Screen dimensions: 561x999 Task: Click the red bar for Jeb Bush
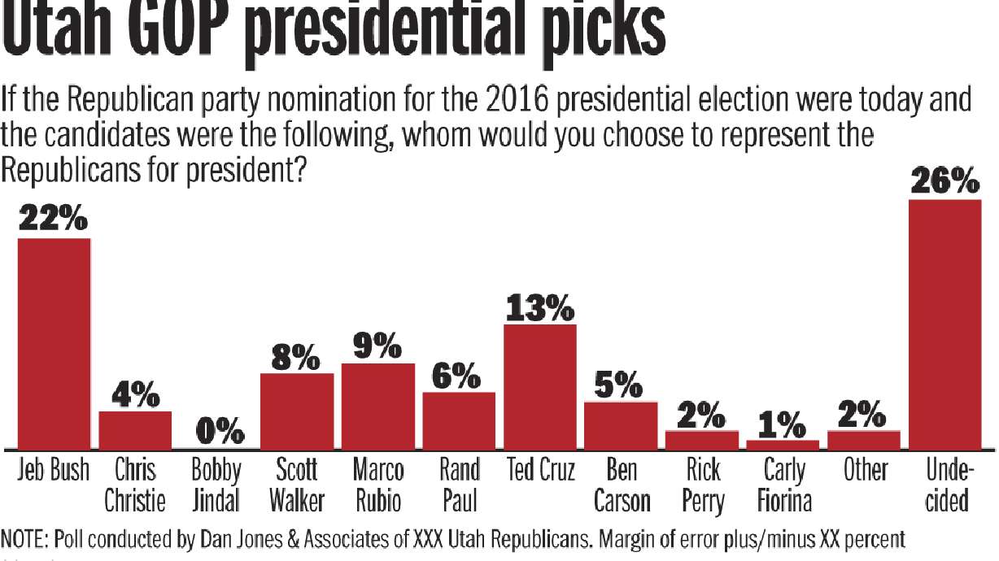54,343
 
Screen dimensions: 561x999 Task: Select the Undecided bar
944,324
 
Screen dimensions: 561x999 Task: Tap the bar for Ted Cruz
540,386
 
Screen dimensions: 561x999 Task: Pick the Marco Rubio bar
377,406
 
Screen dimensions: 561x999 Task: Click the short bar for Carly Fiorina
783,445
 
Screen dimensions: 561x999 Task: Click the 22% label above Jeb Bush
54,220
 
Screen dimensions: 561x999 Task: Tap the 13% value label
540,308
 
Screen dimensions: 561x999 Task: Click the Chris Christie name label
134,485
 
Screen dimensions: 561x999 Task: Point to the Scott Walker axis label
297,485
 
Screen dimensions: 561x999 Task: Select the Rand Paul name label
459,485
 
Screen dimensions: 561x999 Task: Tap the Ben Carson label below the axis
622,485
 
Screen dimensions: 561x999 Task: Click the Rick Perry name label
702,485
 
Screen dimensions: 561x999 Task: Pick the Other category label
865,471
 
